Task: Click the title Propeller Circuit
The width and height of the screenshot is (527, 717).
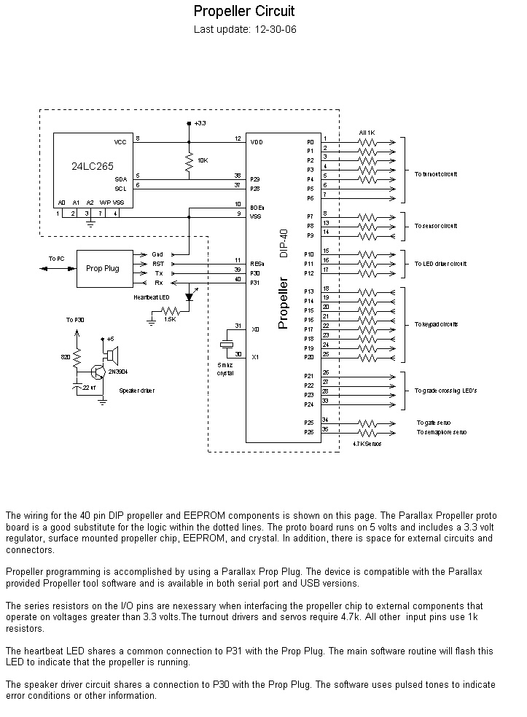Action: click(x=244, y=12)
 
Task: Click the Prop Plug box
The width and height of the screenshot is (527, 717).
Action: click(x=102, y=268)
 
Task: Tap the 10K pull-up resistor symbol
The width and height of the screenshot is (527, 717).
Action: click(x=189, y=165)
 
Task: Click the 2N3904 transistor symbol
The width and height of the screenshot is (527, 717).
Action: click(x=97, y=371)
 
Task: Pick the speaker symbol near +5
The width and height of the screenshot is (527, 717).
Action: click(x=112, y=355)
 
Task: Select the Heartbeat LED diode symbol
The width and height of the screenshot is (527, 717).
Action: click(x=190, y=297)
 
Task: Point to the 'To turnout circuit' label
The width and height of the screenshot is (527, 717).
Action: click(x=436, y=174)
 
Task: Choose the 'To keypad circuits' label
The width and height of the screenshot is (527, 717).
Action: click(x=437, y=324)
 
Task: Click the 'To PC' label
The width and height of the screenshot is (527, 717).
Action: click(x=57, y=259)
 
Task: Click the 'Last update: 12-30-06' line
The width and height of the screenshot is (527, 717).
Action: click(x=244, y=30)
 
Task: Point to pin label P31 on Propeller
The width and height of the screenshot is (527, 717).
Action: click(x=254, y=283)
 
